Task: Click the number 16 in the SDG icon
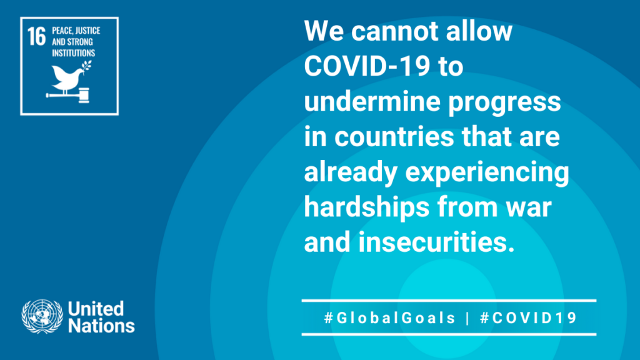point(37,36)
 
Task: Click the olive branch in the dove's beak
point(86,67)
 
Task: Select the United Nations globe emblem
point(42,316)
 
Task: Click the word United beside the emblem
point(96,309)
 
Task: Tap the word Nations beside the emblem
point(101,326)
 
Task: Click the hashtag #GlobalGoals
point(389,318)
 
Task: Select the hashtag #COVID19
point(528,318)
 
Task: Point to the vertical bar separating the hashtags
point(467,318)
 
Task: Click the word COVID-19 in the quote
point(367,66)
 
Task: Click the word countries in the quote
point(394,136)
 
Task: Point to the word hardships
point(366,208)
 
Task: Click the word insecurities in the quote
point(436,242)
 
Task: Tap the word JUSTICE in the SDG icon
point(88,31)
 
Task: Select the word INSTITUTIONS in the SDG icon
point(74,53)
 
